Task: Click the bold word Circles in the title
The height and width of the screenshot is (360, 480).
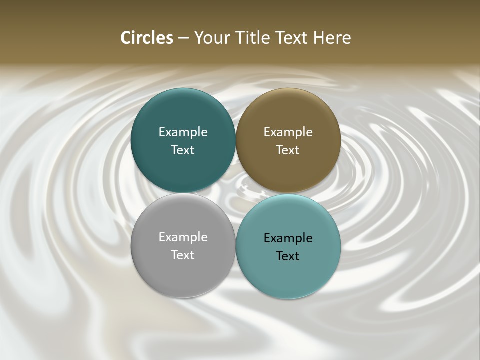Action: coord(147,38)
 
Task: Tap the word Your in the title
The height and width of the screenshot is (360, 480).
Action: coord(211,38)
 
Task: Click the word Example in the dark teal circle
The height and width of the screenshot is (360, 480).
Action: coord(183,132)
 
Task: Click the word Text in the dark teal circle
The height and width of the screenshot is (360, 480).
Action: coord(183,150)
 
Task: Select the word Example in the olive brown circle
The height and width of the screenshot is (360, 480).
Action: coord(288,132)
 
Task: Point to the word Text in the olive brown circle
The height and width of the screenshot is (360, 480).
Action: coord(288,150)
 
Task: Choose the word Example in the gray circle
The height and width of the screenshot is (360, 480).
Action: coord(183,237)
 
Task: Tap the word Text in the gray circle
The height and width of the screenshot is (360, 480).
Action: coord(183,255)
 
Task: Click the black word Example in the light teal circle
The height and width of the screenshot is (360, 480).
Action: coord(288,238)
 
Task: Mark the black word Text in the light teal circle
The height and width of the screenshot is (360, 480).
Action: coord(288,256)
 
